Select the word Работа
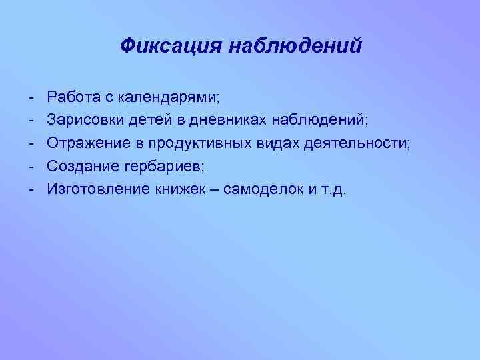tap(73, 98)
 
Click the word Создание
tap(80, 166)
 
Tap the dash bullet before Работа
tap(31, 99)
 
